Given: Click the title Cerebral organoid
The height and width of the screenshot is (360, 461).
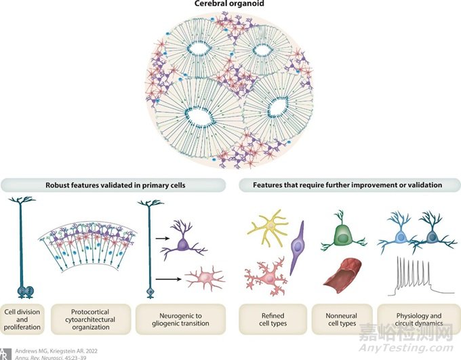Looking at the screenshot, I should [230, 5].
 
